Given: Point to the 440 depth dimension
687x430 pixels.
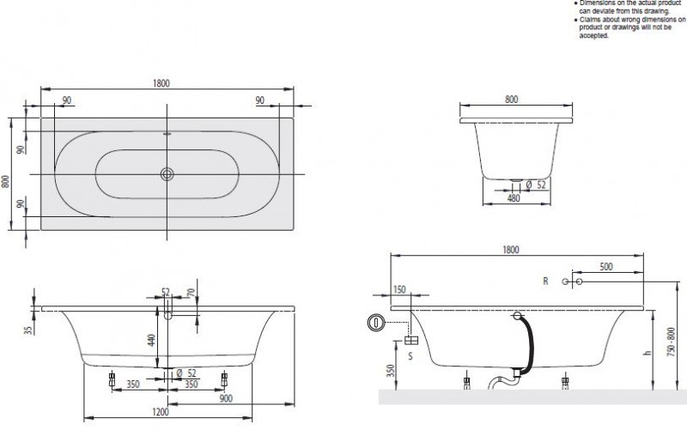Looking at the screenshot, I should (x=153, y=340).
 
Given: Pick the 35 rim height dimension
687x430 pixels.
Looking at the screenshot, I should (x=28, y=329).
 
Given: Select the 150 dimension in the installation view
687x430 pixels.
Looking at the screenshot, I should (x=399, y=289).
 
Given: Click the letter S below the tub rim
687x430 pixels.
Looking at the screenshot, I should (x=410, y=354).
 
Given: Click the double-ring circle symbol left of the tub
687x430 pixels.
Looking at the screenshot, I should (x=375, y=323).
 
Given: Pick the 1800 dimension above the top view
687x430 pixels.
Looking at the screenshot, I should (x=162, y=83).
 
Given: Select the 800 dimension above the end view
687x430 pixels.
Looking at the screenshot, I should (x=511, y=100).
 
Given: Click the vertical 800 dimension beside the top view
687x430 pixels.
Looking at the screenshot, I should (x=7, y=181).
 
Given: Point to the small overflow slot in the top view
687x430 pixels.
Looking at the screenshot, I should (x=166, y=135).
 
